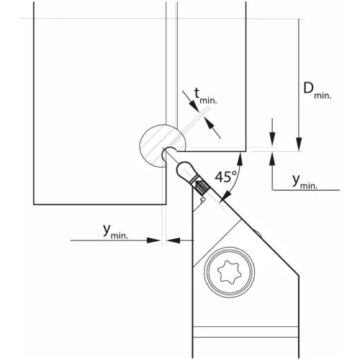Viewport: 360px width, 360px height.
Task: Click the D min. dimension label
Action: [x=317, y=90]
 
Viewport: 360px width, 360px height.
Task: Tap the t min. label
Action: [x=205, y=96]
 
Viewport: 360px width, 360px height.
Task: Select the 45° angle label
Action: [x=226, y=177]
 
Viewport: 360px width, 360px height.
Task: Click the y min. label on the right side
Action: [x=305, y=181]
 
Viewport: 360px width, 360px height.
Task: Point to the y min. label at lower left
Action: [x=115, y=232]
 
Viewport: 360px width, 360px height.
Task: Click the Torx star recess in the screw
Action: [x=229, y=272]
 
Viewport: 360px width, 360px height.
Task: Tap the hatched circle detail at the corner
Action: [x=163, y=145]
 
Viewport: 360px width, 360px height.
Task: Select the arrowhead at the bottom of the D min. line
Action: [x=299, y=144]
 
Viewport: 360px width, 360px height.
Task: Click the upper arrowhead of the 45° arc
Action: [x=240, y=159]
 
